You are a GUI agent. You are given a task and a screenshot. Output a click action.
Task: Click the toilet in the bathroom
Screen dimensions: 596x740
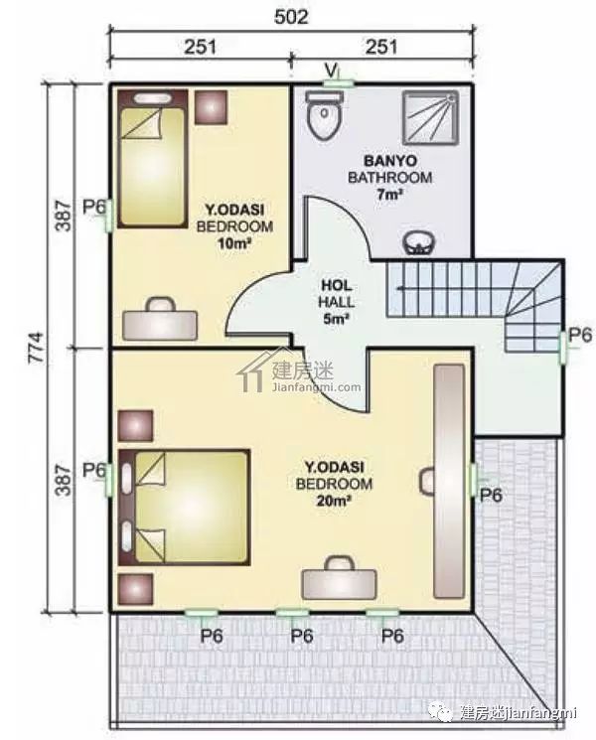pyautogui.click(x=324, y=115)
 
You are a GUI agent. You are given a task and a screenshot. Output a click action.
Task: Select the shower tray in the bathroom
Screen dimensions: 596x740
pyautogui.click(x=430, y=118)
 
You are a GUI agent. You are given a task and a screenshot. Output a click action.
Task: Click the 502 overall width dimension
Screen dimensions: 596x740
pyautogui.click(x=291, y=17)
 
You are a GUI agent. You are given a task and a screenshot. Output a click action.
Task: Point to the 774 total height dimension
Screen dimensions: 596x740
pyautogui.click(x=37, y=348)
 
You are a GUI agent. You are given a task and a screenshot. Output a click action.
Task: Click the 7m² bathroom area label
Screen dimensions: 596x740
pyautogui.click(x=389, y=195)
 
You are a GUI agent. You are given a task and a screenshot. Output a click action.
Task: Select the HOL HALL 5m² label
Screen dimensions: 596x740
pyautogui.click(x=337, y=302)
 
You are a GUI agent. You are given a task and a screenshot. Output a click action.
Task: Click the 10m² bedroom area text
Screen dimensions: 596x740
pyautogui.click(x=234, y=243)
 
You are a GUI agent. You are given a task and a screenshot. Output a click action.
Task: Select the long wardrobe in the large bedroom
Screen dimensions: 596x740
pyautogui.click(x=449, y=482)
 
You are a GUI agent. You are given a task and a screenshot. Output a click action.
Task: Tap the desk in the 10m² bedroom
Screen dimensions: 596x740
pyautogui.click(x=160, y=320)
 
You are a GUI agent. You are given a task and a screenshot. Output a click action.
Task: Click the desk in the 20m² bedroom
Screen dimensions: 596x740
pyautogui.click(x=340, y=579)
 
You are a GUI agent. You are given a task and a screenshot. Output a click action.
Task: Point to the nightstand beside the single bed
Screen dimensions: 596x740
pyautogui.click(x=211, y=107)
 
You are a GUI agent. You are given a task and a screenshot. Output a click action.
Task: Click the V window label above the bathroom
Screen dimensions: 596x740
pyautogui.click(x=332, y=71)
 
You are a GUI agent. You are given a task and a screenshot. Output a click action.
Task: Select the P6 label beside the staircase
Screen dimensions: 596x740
pyautogui.click(x=580, y=335)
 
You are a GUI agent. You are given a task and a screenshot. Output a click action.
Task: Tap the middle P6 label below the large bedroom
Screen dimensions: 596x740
pyautogui.click(x=302, y=636)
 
